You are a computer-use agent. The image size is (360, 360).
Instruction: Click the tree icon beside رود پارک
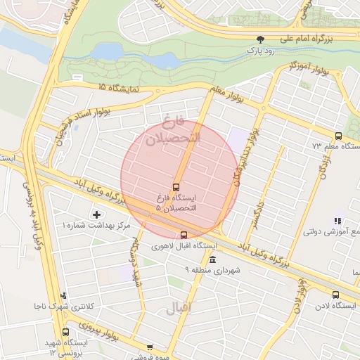(x=261, y=39)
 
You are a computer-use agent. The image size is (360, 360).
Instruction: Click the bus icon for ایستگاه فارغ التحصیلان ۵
(x=176, y=187)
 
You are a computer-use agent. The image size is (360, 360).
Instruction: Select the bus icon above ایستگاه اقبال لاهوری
(x=184, y=235)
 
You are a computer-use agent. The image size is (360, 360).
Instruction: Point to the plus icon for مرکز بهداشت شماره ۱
(x=96, y=213)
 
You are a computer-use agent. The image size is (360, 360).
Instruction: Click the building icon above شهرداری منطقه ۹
(x=212, y=260)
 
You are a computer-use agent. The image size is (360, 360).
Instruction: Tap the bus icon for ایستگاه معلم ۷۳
(x=338, y=136)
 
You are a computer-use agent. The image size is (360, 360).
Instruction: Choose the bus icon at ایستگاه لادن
(x=335, y=295)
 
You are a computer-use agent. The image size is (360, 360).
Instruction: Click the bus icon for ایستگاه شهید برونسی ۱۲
(x=66, y=332)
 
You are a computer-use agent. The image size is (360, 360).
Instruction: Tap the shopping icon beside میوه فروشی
(x=150, y=347)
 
